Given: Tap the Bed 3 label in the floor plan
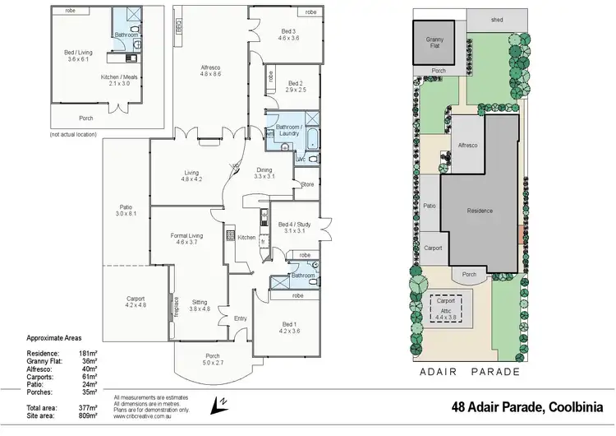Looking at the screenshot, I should point(288,35).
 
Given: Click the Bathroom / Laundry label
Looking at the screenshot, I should point(288,129).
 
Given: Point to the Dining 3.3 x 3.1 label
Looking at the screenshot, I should point(264,174).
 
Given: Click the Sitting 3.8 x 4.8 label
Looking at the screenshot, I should point(200,305).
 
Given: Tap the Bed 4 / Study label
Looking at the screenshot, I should point(292,227).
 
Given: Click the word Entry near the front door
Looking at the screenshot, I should point(240,318).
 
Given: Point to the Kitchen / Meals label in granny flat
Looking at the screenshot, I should point(115,79).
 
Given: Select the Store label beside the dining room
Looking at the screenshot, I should point(308,183).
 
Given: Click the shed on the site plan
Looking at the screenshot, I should point(497,18).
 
